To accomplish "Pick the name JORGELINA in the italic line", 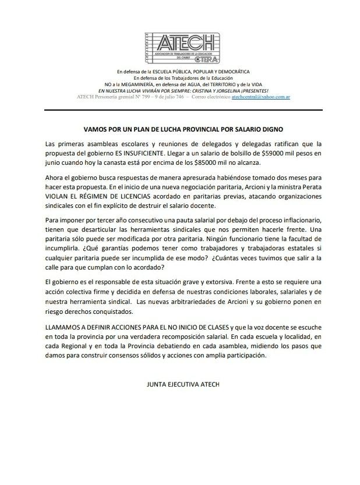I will (231, 91).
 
